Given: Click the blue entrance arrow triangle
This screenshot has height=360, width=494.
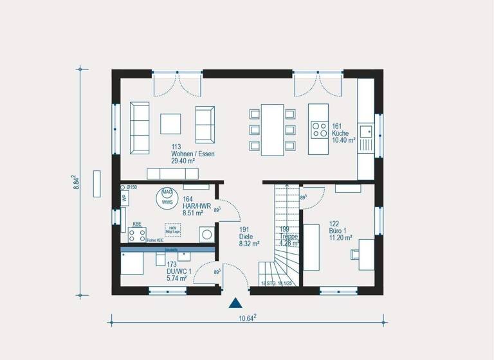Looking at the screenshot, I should (x=237, y=303).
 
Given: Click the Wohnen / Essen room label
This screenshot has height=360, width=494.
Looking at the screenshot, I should (x=192, y=154).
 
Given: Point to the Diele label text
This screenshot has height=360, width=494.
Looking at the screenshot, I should (x=248, y=236).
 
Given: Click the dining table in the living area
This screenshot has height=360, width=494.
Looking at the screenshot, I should (x=272, y=129).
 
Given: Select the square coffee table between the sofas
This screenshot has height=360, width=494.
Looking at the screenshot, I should (x=171, y=123).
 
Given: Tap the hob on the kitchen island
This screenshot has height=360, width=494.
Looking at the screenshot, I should (x=318, y=129).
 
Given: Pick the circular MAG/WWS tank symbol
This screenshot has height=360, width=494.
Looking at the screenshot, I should (x=167, y=197).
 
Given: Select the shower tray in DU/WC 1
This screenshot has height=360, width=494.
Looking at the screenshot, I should (x=132, y=263).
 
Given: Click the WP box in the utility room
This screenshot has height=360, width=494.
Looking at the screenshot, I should (x=124, y=198).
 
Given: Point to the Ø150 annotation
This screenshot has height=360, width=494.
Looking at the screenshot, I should (x=131, y=187).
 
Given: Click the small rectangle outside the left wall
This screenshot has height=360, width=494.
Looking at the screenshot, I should (x=97, y=183).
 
